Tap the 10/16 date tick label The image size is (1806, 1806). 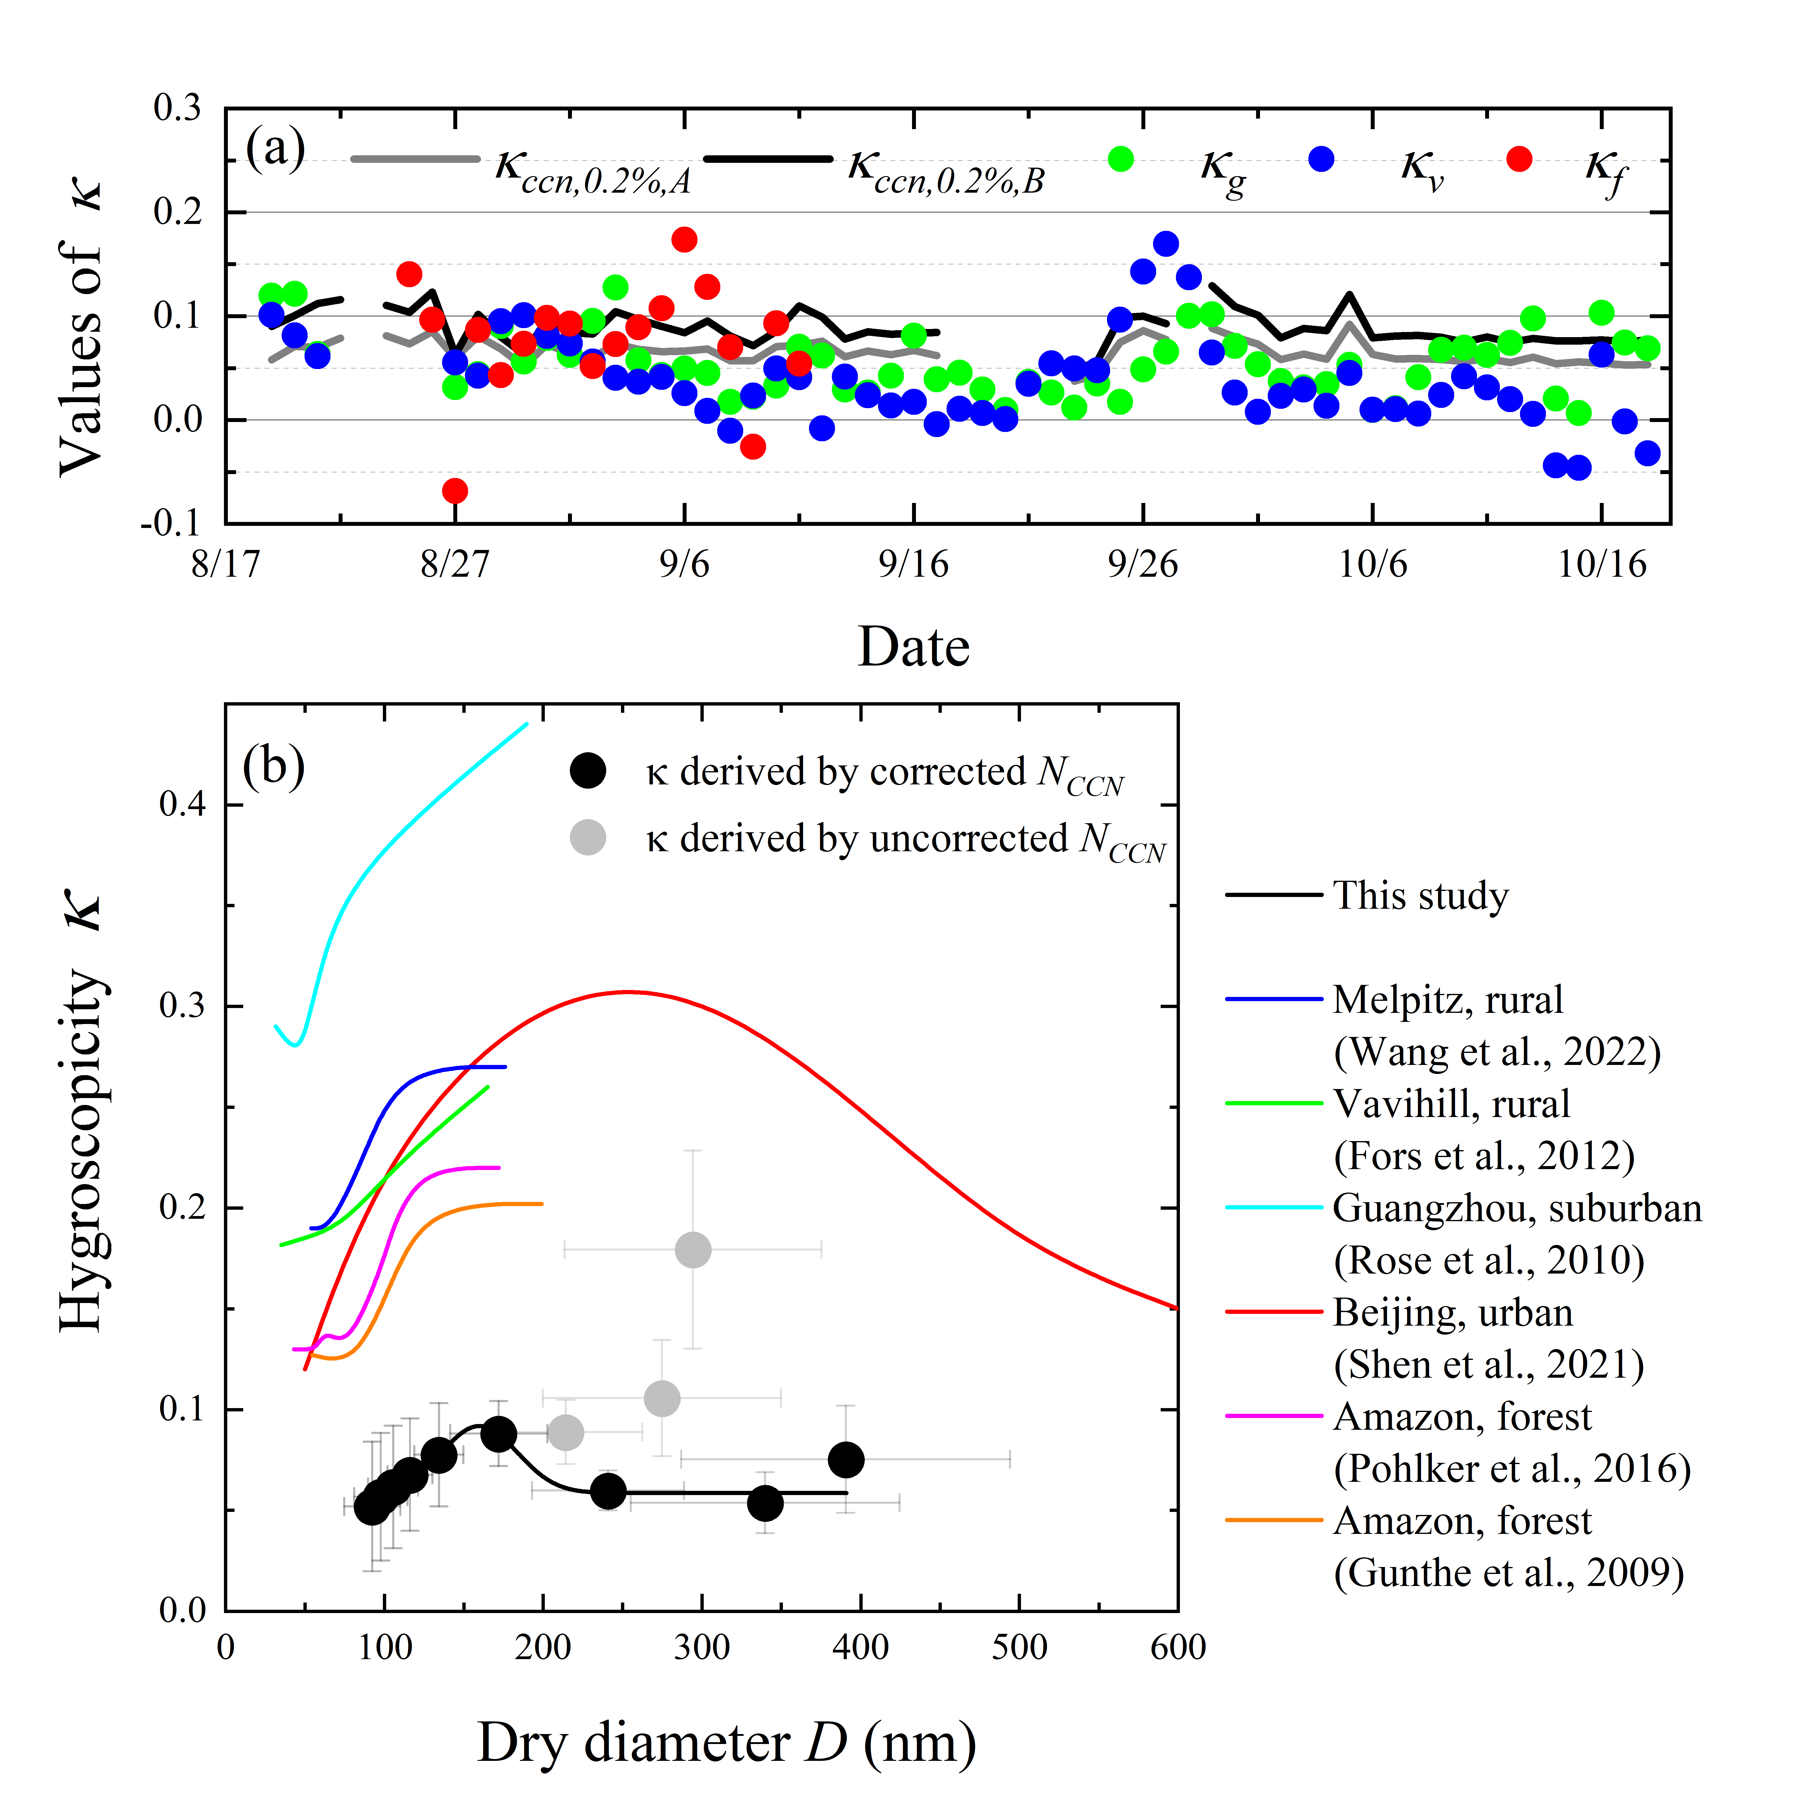point(1601,565)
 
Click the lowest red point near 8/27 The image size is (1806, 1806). point(454,491)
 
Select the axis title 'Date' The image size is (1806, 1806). point(913,647)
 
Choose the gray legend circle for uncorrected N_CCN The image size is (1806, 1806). point(588,838)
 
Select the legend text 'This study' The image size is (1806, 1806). point(1420,895)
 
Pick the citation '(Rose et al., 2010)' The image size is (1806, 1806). point(1488,1261)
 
